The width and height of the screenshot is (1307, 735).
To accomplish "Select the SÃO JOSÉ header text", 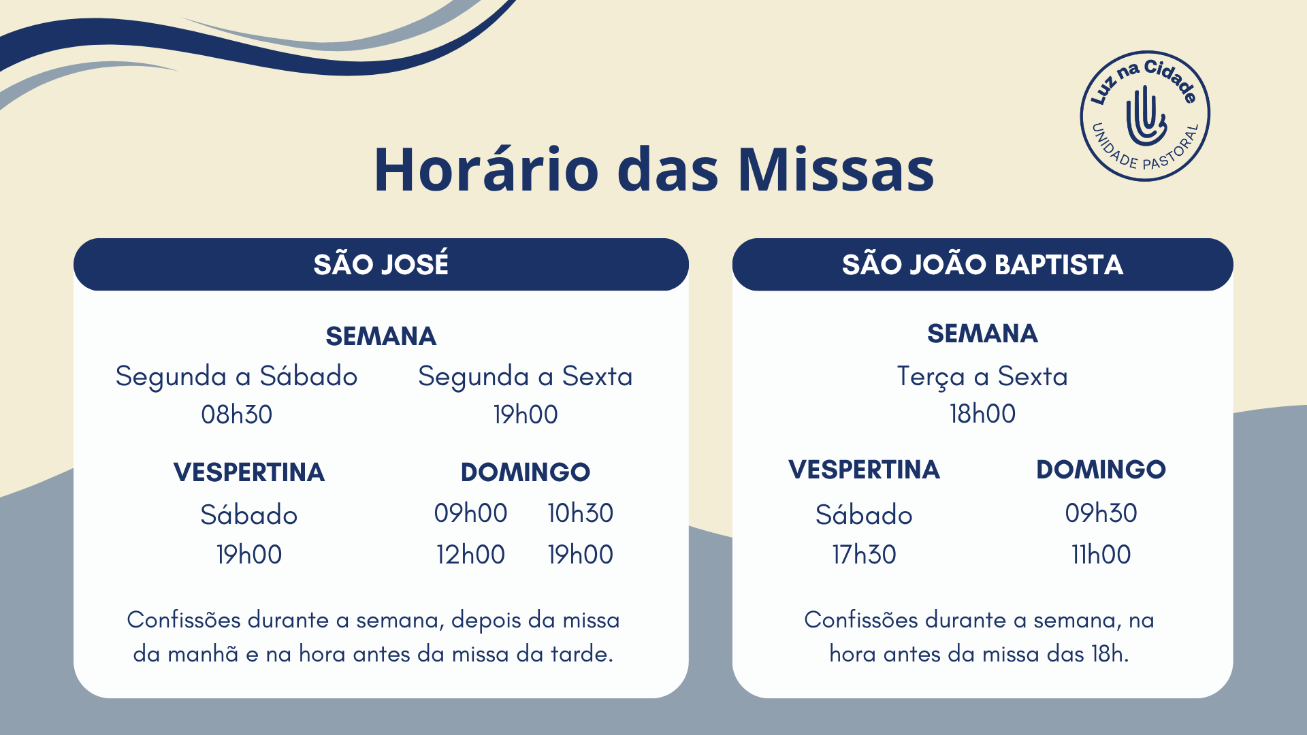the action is point(381,263).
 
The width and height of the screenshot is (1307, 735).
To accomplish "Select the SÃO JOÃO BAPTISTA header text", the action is point(982,264).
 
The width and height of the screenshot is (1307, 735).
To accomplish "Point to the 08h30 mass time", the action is point(237,414).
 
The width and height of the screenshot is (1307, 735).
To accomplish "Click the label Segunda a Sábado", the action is point(236,376).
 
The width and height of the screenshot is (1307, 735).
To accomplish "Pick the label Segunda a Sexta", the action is point(526,376).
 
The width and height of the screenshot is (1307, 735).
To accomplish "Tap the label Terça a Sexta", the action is point(982,376).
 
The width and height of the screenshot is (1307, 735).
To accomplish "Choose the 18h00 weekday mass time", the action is point(982,414).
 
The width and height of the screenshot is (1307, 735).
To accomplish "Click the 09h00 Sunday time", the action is point(471,513).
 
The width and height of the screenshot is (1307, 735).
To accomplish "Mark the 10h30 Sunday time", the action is point(581,513).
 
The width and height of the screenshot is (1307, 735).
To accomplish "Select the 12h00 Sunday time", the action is point(471,555).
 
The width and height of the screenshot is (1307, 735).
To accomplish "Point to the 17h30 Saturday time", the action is point(864,555).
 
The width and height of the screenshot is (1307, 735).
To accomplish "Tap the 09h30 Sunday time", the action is point(1101,513).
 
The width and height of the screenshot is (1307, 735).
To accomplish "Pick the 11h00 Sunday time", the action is point(1101,555).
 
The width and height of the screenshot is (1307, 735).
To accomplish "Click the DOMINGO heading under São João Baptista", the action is point(1101,470).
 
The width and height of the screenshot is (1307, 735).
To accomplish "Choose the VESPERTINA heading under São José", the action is point(249,472).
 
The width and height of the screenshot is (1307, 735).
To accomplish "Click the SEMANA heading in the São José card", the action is point(381,336).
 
